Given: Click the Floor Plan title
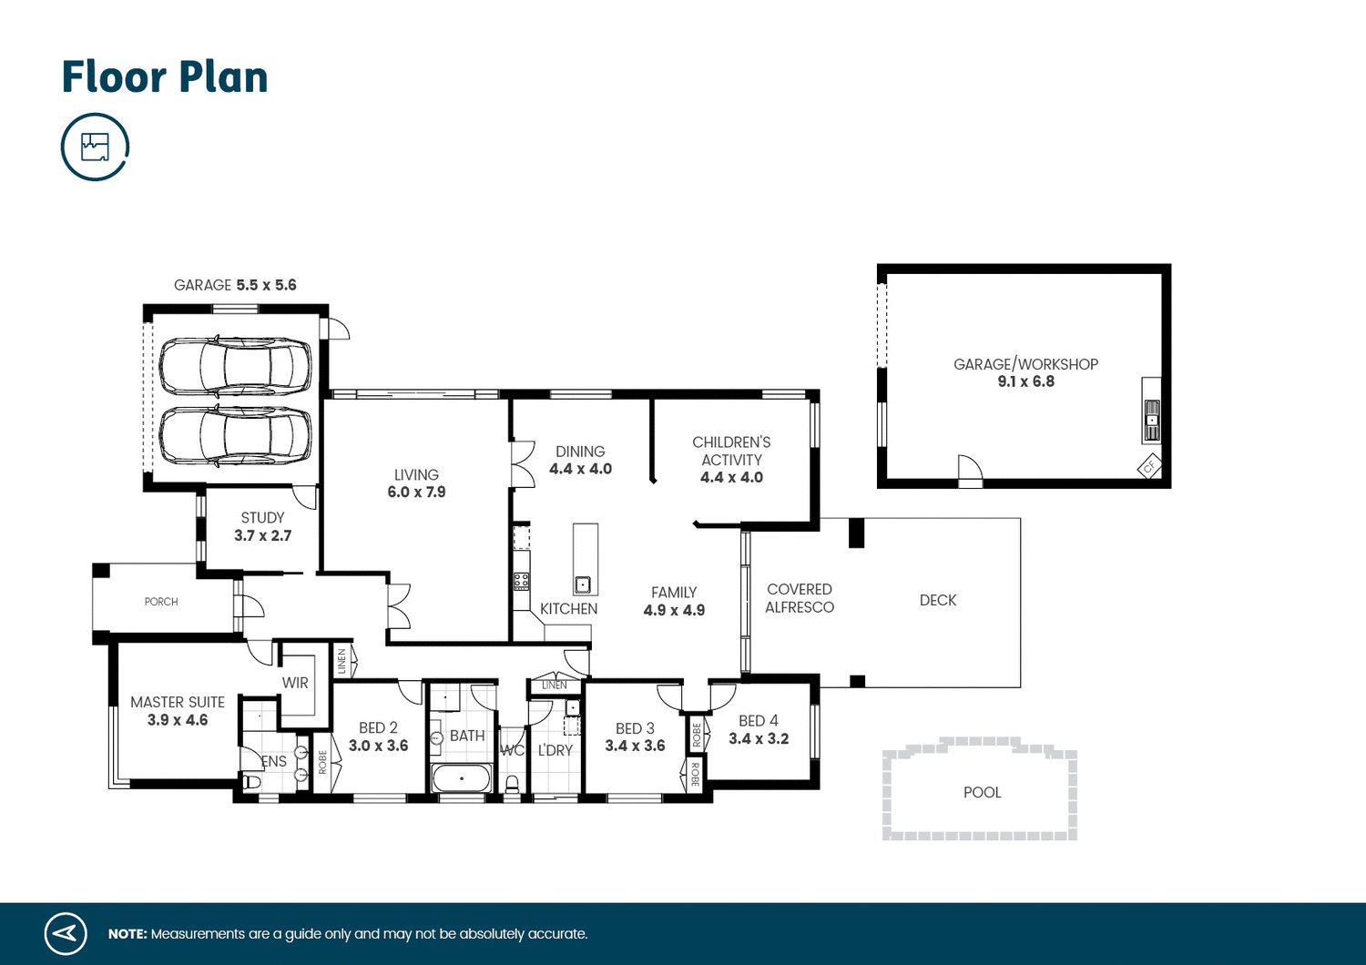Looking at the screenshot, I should [x=165, y=77].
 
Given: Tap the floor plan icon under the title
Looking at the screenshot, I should [x=95, y=147].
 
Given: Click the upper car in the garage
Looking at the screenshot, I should [x=235, y=367].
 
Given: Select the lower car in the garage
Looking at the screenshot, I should [x=235, y=436].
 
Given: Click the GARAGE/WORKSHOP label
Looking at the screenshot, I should [x=1025, y=364].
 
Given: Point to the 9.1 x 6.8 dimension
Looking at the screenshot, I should [x=1025, y=382].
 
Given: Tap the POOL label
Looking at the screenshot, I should [x=982, y=793].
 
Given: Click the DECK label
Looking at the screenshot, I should [x=938, y=601].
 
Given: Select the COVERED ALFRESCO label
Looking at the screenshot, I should [x=800, y=599].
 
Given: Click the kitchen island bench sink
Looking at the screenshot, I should [x=583, y=584].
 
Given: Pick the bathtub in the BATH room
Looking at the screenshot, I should [x=462, y=778].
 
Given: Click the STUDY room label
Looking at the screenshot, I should [x=262, y=518].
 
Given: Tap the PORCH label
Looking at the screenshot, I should [x=161, y=602].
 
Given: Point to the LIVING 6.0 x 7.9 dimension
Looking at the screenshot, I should [x=416, y=493].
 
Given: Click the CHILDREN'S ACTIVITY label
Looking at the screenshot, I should [x=731, y=452].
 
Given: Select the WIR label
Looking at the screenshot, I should [x=295, y=683].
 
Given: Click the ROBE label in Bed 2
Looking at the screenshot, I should [x=322, y=762].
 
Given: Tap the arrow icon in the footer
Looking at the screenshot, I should [x=66, y=933].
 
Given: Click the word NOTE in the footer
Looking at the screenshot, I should [x=127, y=934].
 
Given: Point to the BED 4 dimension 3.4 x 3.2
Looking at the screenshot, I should [x=759, y=739].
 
